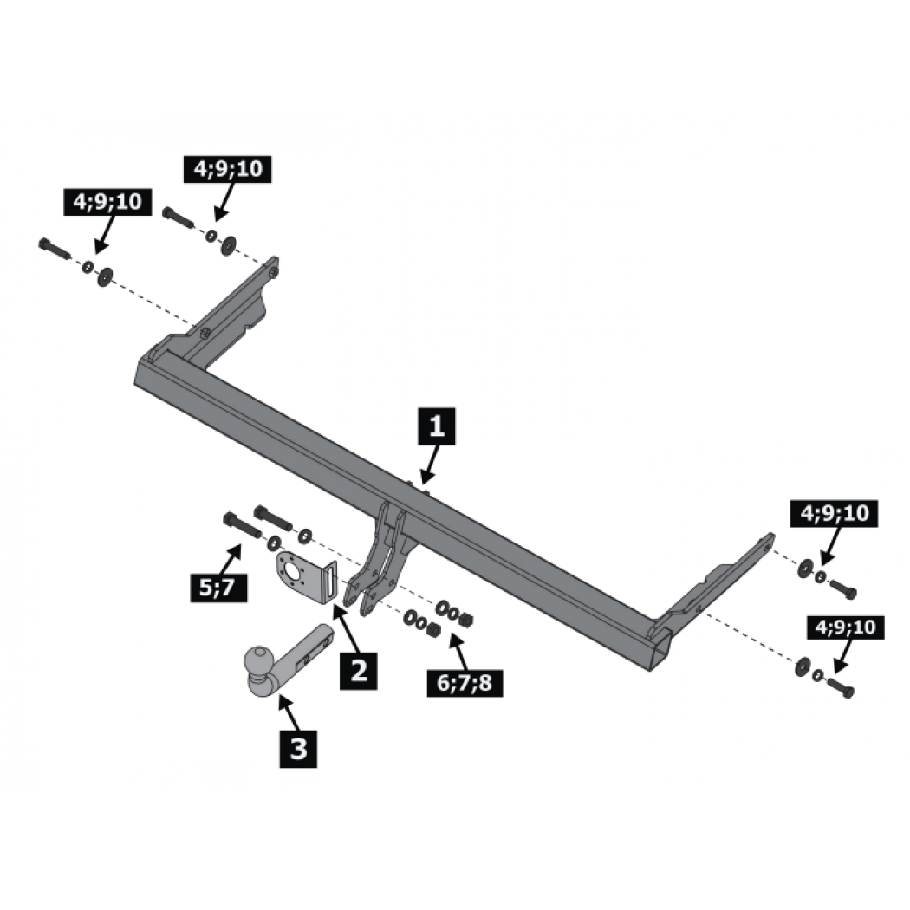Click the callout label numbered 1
tap(437, 426)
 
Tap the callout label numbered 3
tap(298, 749)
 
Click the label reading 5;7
tap(218, 588)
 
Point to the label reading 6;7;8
tap(465, 683)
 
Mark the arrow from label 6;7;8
tap(459, 651)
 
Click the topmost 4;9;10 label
tap(227, 169)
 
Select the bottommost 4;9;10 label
tap(846, 627)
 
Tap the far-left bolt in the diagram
tap(55, 250)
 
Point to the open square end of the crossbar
tap(660, 654)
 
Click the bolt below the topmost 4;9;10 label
tap(179, 218)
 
